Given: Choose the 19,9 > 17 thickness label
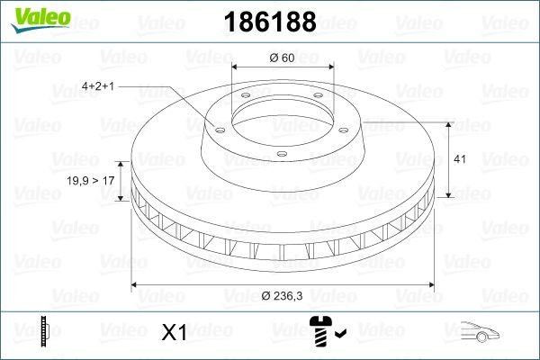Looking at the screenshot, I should coord(91,180).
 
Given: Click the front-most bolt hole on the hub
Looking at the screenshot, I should coord(281,154).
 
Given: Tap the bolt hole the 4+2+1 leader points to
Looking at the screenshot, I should coord(217,129).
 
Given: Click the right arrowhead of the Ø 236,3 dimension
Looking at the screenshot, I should coord(434,286).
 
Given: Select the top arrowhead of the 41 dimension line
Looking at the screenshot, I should coord(447,124).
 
